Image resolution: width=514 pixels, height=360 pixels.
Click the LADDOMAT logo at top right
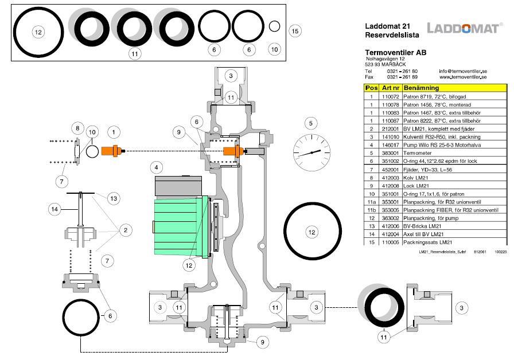465,28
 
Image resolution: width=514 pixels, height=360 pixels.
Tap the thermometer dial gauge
311,152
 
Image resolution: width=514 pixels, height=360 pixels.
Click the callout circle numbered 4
155,168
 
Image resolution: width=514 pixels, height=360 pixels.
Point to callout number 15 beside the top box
295,31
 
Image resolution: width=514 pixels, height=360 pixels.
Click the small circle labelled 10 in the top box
274,26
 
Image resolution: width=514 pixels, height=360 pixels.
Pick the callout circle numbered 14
54,209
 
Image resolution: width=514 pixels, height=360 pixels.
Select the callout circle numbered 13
114,198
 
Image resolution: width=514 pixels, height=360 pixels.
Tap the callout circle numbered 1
114,132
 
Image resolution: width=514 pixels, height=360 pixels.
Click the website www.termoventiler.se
463,77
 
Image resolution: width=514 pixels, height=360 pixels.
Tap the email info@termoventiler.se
463,71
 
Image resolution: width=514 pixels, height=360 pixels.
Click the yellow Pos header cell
371,88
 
